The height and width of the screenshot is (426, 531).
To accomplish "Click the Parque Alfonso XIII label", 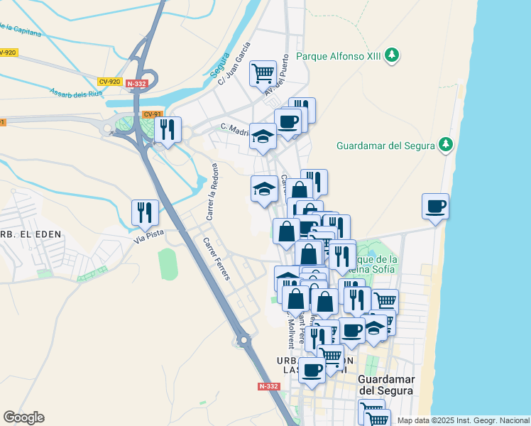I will (339, 56).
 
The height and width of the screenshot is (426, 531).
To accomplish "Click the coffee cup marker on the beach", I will (435, 207).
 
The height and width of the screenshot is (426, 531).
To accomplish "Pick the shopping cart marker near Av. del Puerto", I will (263, 72).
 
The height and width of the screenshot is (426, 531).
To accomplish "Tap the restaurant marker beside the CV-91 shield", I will (168, 130).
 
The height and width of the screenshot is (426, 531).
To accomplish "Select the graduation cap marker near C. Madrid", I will (263, 136).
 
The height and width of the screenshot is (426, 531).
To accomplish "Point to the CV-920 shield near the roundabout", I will (110, 82).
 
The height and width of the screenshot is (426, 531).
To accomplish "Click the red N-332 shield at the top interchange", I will (136, 84).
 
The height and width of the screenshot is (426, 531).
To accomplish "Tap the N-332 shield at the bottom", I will (269, 386).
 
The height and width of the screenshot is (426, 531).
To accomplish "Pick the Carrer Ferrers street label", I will (216, 258).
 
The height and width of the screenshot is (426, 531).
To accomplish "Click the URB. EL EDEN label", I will (26, 234).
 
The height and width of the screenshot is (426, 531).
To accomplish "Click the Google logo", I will (23, 417).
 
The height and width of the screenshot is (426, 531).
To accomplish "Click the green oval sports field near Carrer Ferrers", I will (168, 263).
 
